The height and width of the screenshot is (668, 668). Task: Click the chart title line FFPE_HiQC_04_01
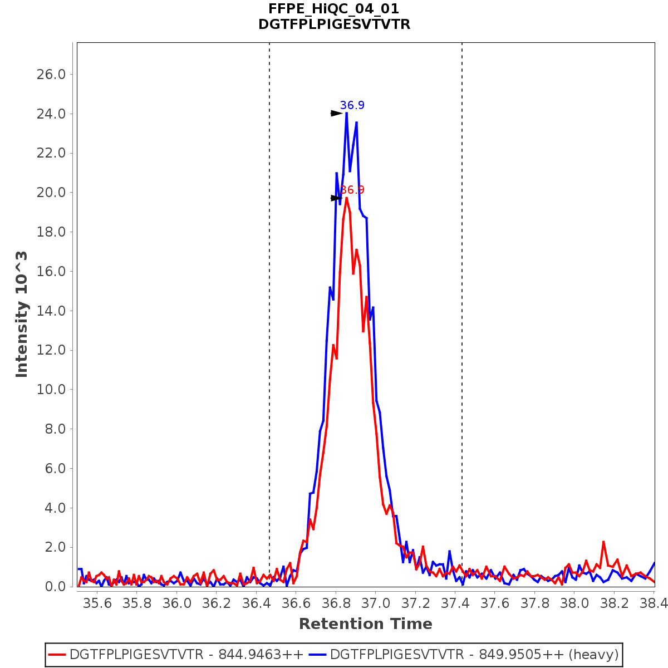coord(334,9)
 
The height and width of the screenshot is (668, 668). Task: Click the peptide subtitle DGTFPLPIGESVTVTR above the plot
coord(334,24)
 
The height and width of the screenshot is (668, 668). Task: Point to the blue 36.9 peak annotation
coord(352,105)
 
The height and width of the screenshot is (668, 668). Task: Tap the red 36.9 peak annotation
coord(353,190)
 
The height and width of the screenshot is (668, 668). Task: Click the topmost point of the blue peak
coord(346,113)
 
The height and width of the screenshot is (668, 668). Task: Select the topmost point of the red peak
coord(346,198)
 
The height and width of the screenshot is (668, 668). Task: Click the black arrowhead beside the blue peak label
coord(336,113)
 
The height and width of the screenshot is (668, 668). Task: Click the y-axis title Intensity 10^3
coord(22,315)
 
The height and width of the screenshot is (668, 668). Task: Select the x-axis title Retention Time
coord(365,624)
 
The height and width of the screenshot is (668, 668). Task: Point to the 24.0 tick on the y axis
coord(51,114)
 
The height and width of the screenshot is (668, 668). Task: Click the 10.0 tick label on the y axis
coord(51,390)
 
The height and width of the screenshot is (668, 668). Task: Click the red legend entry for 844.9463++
coord(176,654)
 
